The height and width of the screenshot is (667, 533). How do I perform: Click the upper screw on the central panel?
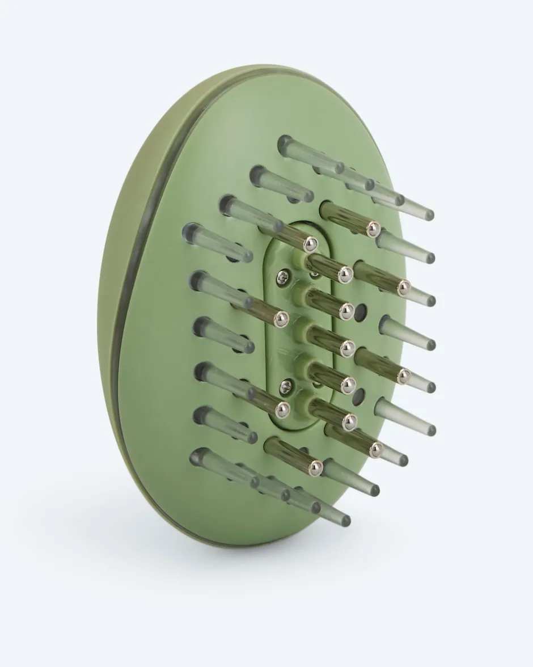click(282, 276)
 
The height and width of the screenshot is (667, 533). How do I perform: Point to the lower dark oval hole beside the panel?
click(358, 397)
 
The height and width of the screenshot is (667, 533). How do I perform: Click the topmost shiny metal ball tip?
click(373, 229)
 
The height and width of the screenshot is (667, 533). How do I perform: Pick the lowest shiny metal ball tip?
click(315, 467)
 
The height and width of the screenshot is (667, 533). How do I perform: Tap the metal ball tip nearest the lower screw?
click(282, 409)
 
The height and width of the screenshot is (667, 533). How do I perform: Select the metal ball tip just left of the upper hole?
click(346, 311)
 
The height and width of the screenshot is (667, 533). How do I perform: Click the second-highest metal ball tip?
click(310, 244)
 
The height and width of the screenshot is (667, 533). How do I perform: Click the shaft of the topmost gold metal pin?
click(346, 217)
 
